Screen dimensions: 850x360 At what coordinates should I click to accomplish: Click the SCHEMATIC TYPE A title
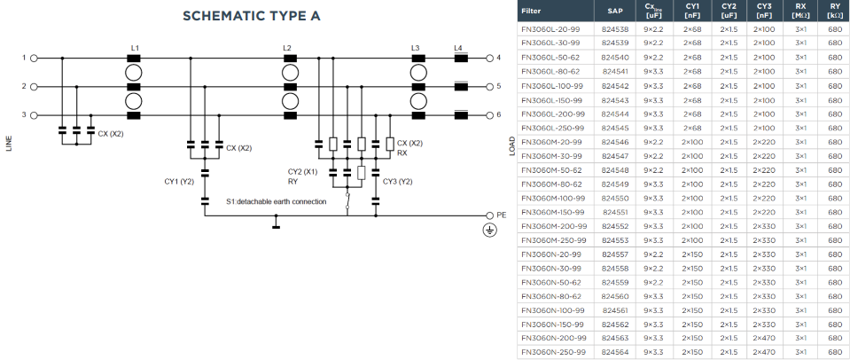pyautogui.click(x=252, y=16)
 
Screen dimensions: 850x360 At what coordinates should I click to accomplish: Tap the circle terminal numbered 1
pyautogui.click(x=34, y=58)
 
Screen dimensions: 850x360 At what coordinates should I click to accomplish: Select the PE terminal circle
pyautogui.click(x=490, y=215)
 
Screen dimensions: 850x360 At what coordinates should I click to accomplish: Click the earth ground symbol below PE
pyautogui.click(x=490, y=231)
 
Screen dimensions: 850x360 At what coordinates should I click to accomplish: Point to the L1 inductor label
pyautogui.click(x=135, y=48)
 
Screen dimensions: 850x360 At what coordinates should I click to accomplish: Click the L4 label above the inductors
pyautogui.click(x=458, y=48)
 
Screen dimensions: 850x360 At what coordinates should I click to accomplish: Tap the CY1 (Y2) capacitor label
pyautogui.click(x=179, y=182)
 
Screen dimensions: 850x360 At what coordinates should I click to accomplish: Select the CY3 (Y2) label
pyautogui.click(x=398, y=182)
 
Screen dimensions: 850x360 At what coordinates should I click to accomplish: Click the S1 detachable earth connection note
pyautogui.click(x=277, y=201)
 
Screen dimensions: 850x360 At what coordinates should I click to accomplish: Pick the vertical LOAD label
pyautogui.click(x=512, y=145)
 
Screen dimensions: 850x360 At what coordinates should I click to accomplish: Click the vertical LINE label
pyautogui.click(x=9, y=143)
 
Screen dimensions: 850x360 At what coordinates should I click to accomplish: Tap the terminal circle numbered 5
pyautogui.click(x=490, y=86)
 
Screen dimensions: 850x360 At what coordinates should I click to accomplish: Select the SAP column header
pyautogui.click(x=615, y=11)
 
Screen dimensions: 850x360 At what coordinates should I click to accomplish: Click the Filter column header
pyautogui.click(x=531, y=11)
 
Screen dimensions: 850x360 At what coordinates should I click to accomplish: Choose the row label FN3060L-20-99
pyautogui.click(x=550, y=28)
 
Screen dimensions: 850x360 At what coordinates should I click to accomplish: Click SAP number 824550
pyautogui.click(x=615, y=199)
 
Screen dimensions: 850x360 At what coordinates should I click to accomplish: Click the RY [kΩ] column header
pyautogui.click(x=835, y=11)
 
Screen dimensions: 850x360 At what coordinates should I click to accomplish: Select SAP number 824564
pyautogui.click(x=615, y=352)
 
